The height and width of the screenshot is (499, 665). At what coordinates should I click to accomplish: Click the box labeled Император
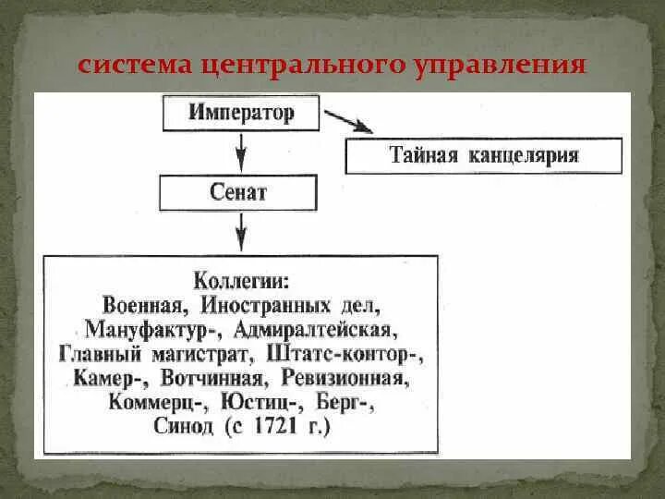click(241, 114)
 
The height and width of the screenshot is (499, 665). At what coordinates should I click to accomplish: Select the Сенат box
click(239, 192)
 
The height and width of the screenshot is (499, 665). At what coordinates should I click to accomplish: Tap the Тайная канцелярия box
click(483, 155)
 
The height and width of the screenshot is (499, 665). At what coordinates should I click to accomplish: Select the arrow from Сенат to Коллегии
click(240, 232)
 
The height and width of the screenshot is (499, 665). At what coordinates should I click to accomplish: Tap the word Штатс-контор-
click(343, 354)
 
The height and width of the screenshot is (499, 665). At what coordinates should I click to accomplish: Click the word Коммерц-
click(158, 404)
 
